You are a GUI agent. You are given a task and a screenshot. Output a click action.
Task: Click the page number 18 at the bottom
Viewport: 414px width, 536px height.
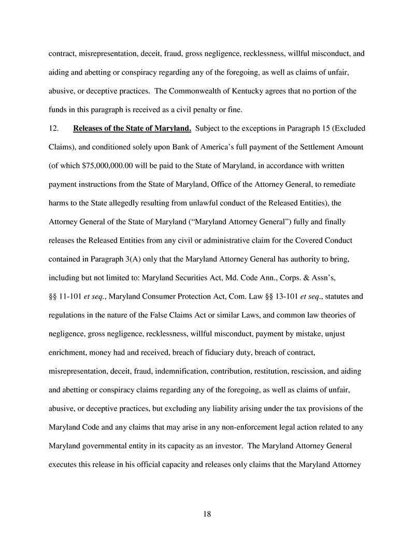coord(207,514)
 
